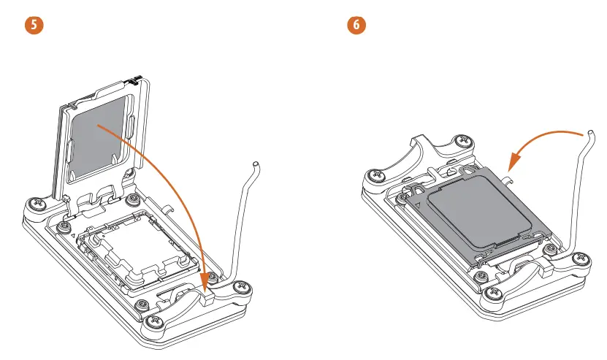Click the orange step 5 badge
33,24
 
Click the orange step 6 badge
356,24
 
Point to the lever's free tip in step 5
255,164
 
